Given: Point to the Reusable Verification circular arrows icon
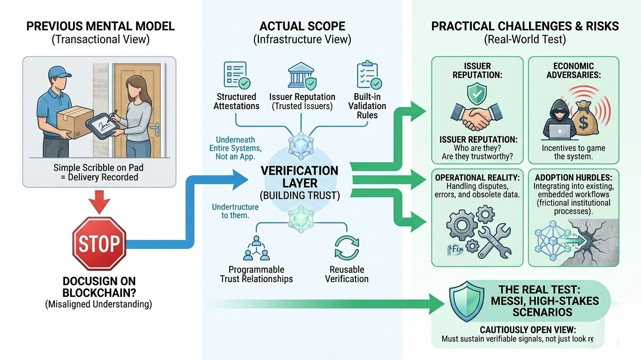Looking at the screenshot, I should pos(347,247).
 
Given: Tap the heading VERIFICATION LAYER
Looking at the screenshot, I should pos(300,177).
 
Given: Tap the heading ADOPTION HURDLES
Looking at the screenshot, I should pos(573,178).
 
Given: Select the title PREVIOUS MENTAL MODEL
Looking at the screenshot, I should pos(100,26).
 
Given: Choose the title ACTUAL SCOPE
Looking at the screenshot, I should pos(302,26).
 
